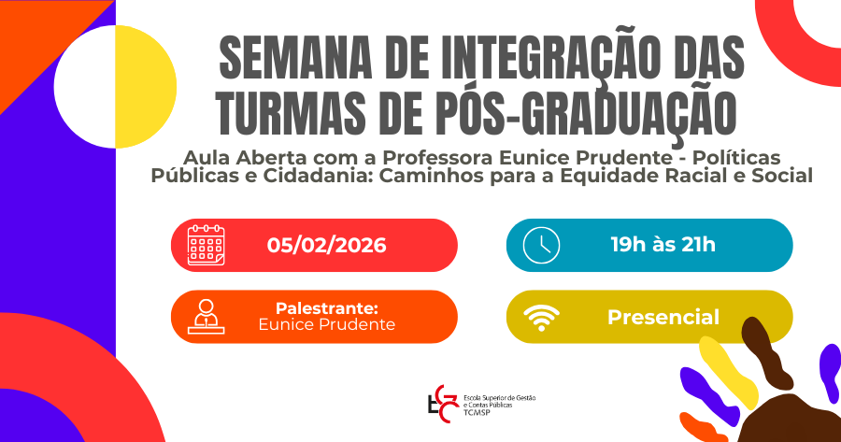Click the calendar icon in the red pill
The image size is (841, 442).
[x=206, y=245]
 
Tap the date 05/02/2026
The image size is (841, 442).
[x=327, y=245]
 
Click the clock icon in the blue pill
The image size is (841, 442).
[x=541, y=245]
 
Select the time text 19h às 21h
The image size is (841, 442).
[x=663, y=245]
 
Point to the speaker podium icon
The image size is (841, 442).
[x=206, y=317]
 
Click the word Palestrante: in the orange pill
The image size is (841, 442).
[x=327, y=308]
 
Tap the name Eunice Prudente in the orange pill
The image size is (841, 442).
[x=327, y=324]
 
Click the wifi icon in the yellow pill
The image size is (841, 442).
[x=541, y=318]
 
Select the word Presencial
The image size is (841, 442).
[x=663, y=317]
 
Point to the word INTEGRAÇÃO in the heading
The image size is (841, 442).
[x=550, y=58]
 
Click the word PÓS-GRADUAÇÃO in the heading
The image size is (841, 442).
[x=557, y=113]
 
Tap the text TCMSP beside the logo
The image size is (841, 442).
[x=475, y=412]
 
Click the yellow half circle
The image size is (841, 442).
[x=146, y=87]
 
